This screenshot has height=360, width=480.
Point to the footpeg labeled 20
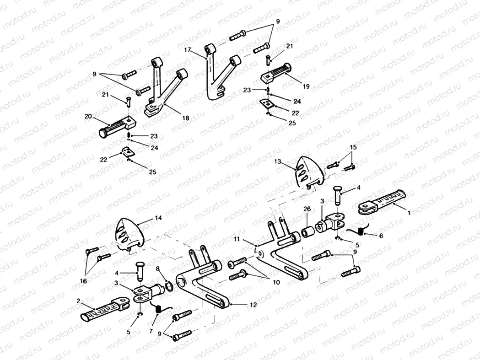(x=116, y=126)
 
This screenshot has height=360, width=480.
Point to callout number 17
(x=188, y=49)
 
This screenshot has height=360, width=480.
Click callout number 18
(x=185, y=118)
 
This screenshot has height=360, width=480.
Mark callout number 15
(x=353, y=147)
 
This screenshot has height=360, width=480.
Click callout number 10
(x=276, y=283)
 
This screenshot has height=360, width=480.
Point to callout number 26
(x=307, y=209)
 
